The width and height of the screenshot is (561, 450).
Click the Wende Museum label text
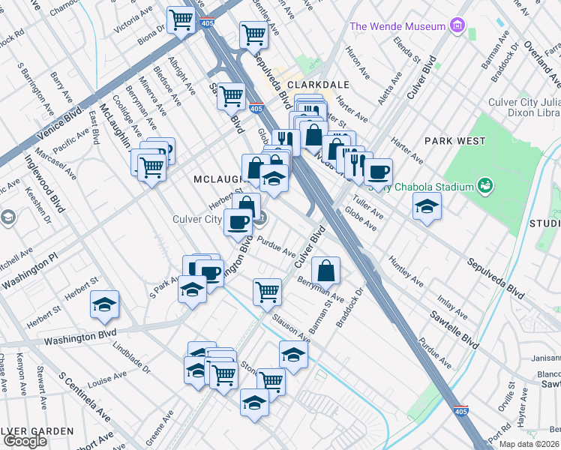click(397, 27)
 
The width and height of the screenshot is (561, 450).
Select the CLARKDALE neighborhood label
click(311, 85)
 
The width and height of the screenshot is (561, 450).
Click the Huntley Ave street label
click(403, 272)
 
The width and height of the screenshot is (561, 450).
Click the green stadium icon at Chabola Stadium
click(484, 185)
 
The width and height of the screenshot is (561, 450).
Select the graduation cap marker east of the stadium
click(427, 206)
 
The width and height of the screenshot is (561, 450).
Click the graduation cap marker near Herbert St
click(104, 304)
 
